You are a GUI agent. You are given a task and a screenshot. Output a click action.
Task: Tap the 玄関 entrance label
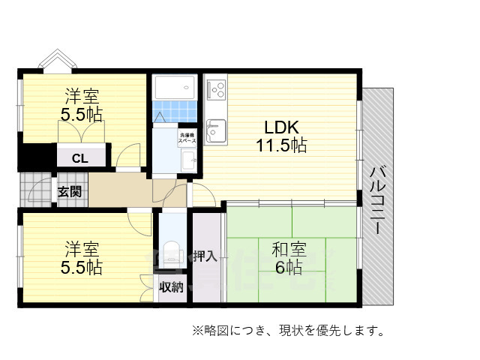tap(70, 190)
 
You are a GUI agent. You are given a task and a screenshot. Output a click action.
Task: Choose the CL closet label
tap(79, 158)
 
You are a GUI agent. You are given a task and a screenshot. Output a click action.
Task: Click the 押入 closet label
tap(205, 256)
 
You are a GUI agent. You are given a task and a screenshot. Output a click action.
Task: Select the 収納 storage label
tap(171, 287)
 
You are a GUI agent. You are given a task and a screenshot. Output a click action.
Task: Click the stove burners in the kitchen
tap(217, 91)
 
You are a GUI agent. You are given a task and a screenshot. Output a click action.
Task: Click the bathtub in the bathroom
tap(175, 90)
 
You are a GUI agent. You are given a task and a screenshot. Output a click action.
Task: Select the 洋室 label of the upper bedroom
tap(82, 97)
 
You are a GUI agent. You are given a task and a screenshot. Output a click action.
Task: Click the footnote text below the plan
tap(289, 330)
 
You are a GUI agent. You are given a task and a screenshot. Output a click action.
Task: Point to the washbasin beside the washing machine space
tap(188, 158)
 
